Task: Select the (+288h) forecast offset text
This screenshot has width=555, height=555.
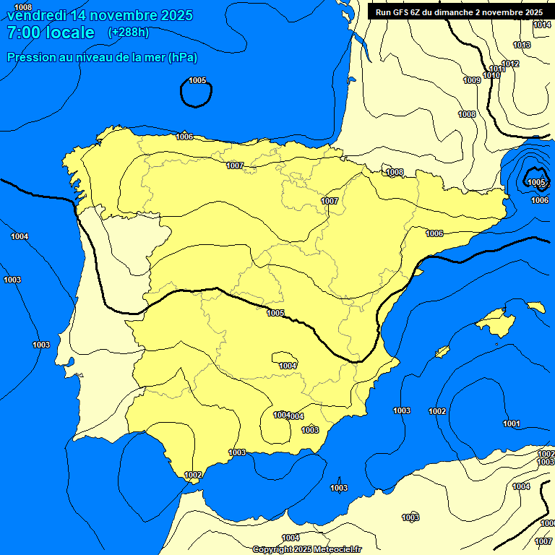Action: [128, 33]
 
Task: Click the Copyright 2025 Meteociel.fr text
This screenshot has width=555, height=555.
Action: [306, 549]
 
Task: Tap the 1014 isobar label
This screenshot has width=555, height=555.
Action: [542, 25]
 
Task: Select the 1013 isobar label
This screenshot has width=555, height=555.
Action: [522, 45]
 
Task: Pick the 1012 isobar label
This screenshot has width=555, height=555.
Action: [511, 64]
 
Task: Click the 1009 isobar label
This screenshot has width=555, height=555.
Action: [472, 80]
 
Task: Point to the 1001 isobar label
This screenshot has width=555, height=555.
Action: [512, 423]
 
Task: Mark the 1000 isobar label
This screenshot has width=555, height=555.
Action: [548, 523]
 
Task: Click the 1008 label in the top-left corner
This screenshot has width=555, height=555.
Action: [23, 7]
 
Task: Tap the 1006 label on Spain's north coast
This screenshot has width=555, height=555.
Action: [184, 137]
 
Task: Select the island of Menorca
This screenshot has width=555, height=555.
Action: [536, 307]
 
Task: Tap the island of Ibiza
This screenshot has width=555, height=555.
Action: [442, 352]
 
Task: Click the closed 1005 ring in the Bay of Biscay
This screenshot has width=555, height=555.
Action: [196, 93]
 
